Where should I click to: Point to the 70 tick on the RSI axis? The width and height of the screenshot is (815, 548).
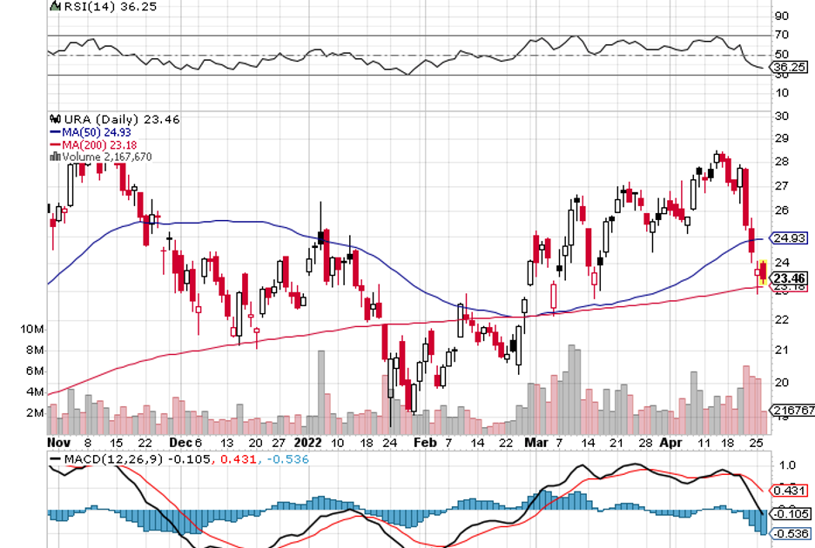[782, 36]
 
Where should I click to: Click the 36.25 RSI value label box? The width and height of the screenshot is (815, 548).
[787, 66]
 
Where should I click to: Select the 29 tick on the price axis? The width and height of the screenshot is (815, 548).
[782, 138]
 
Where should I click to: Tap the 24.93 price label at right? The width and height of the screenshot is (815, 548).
[788, 237]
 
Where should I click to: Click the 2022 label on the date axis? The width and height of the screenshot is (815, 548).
[309, 442]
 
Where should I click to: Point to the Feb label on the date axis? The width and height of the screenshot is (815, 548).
[424, 442]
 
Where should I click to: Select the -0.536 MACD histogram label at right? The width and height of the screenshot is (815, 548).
[789, 533]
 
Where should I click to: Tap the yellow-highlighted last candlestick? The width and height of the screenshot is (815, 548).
[763, 271]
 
